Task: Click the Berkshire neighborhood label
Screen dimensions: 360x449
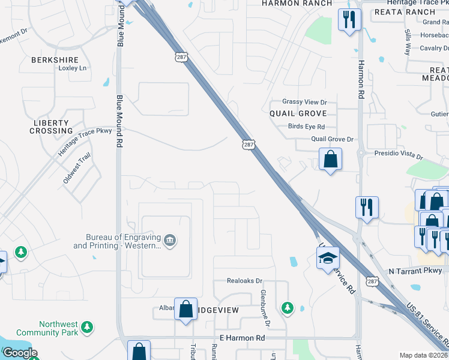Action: (55, 60)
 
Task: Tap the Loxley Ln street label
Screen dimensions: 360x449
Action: (73, 68)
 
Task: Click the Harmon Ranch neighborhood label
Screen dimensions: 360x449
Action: (297, 4)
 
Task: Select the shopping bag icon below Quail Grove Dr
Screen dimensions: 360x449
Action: (330, 160)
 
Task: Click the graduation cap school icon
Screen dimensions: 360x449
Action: (328, 258)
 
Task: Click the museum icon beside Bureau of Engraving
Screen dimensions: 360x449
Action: (170, 241)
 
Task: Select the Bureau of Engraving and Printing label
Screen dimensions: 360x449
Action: (117, 241)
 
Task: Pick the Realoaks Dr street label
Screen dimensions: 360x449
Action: (245, 280)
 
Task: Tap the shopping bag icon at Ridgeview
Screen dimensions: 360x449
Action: (186, 310)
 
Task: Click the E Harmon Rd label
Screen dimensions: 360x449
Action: (242, 338)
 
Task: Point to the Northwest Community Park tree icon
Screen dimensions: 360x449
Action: (88, 327)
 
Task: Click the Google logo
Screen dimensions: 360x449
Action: (19, 353)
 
